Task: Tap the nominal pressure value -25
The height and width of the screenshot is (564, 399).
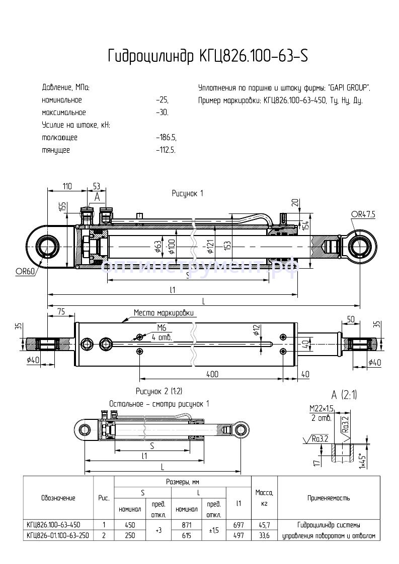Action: (x=162, y=100)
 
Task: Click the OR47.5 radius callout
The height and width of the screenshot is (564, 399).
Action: (x=363, y=214)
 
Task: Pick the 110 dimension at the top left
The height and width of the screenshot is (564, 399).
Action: (x=66, y=186)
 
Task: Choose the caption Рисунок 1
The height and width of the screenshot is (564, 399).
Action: (x=187, y=193)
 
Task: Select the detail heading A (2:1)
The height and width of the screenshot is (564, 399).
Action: (x=344, y=395)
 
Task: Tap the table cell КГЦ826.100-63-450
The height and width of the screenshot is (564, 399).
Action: (x=53, y=525)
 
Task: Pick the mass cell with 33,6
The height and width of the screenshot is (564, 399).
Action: (x=264, y=535)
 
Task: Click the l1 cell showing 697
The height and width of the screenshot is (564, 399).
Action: (x=238, y=525)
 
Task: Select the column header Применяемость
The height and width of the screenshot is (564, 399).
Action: (x=329, y=498)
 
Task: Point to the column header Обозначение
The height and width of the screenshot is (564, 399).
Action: (x=58, y=498)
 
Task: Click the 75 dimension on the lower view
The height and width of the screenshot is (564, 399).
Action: (x=61, y=312)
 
